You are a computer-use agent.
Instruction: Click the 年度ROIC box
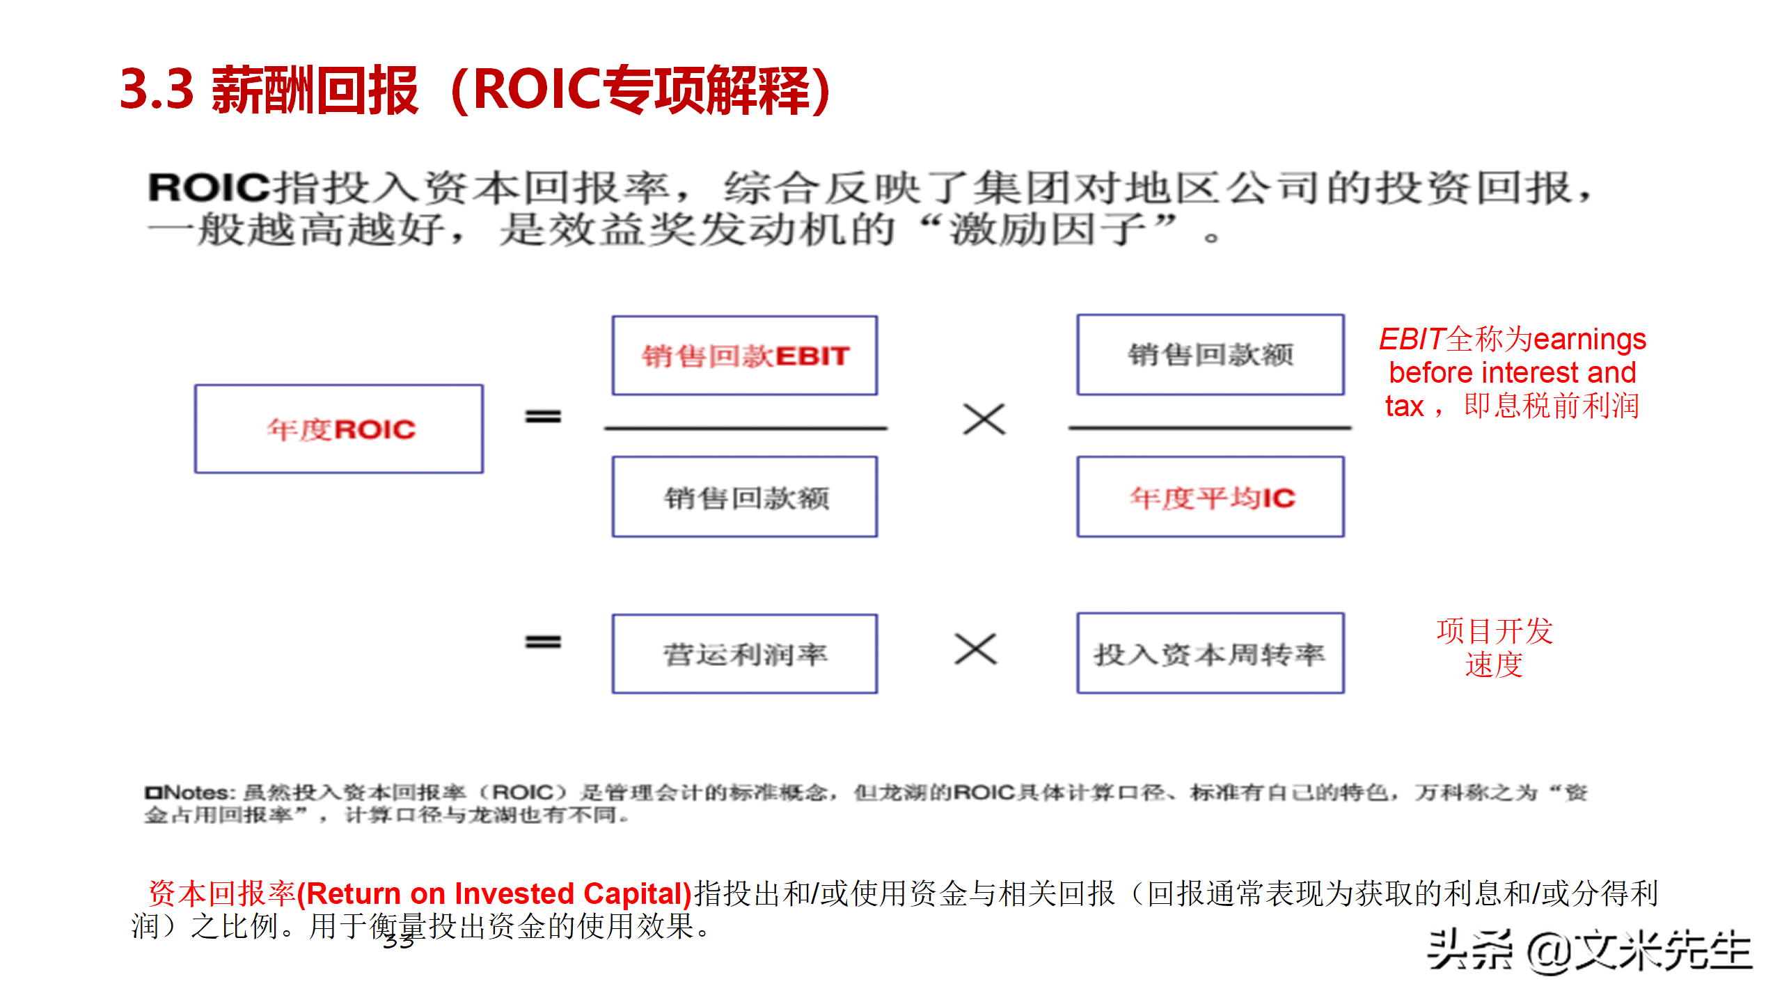pyautogui.click(x=339, y=429)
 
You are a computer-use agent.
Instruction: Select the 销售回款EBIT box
pyautogui.click(x=744, y=356)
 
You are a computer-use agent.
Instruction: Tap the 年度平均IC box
pyautogui.click(x=1211, y=497)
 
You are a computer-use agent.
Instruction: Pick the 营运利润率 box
pyautogui.click(x=744, y=654)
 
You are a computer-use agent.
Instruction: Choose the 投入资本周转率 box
pyautogui.click(x=1211, y=654)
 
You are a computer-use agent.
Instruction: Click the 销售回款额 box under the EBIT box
pyautogui.click(x=744, y=497)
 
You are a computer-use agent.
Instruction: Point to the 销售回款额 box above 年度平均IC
pyautogui.click(x=1211, y=355)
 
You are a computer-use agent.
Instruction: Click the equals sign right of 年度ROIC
pyautogui.click(x=543, y=416)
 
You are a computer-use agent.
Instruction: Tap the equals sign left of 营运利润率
pyautogui.click(x=543, y=642)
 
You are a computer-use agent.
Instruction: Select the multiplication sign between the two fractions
pyautogui.click(x=984, y=420)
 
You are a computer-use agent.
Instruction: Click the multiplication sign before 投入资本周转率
pyautogui.click(x=976, y=649)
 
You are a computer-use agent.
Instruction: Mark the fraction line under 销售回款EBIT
pyautogui.click(x=746, y=428)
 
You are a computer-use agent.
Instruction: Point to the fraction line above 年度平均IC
pyautogui.click(x=1210, y=427)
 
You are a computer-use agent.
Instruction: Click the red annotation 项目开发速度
pyautogui.click(x=1495, y=647)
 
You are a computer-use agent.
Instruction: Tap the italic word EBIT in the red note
pyautogui.click(x=1412, y=340)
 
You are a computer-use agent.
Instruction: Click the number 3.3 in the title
pyautogui.click(x=157, y=90)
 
